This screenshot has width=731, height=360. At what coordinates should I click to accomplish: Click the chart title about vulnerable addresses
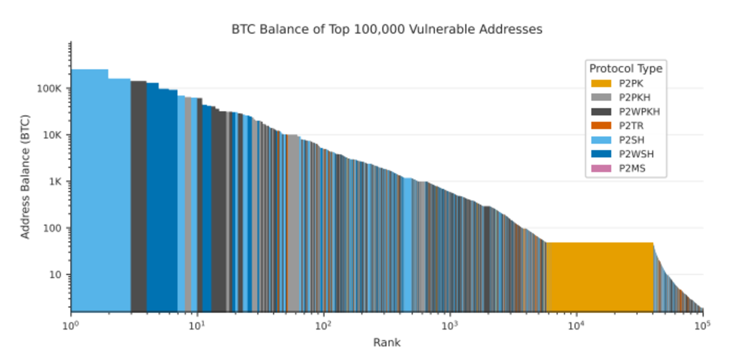[x=387, y=29]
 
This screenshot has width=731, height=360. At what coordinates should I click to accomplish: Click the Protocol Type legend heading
[x=626, y=68]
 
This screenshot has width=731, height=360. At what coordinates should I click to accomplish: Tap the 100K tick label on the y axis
[x=50, y=88]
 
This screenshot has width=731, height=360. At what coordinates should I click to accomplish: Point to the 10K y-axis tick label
[x=52, y=135]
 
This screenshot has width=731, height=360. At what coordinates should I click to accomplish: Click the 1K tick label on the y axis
[x=55, y=182]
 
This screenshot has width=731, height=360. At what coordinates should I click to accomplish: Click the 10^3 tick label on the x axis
[x=450, y=326]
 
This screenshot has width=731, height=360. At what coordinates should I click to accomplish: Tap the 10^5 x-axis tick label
[x=703, y=326]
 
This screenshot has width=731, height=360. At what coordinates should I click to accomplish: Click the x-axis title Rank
[x=387, y=343]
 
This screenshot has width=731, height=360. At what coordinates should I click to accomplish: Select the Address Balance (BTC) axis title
[x=26, y=176]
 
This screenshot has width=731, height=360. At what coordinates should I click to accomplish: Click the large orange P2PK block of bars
[x=600, y=277]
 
